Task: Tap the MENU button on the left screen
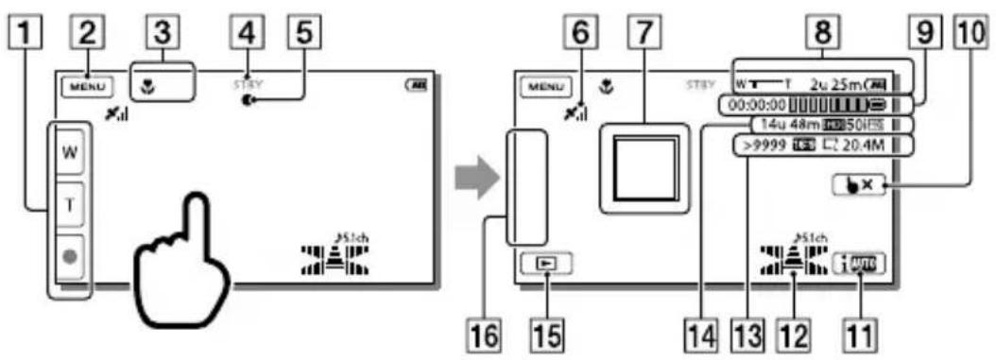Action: pos(88,86)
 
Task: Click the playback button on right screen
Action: pos(544,266)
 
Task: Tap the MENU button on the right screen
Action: pos(545,86)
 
